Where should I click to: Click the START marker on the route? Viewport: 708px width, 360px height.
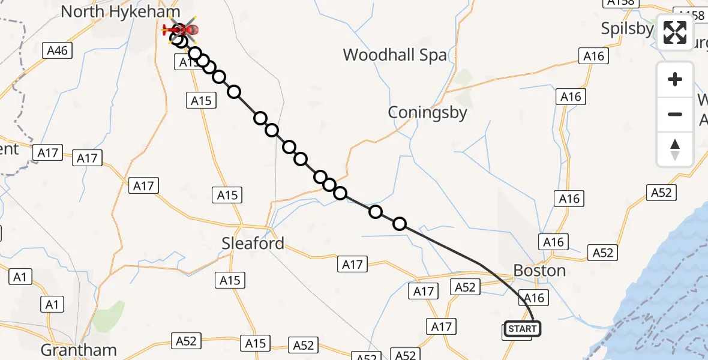tap(522, 329)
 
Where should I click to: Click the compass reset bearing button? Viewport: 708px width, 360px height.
tap(675, 149)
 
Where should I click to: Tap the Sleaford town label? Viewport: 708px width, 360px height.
tap(253, 244)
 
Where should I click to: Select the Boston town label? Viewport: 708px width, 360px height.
tap(539, 271)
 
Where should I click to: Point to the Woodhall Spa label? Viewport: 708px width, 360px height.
tap(394, 55)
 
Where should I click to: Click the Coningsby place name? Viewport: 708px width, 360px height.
tap(427, 112)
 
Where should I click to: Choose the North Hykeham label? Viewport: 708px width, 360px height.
tap(120, 11)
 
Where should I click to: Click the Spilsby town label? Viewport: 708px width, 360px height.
tap(627, 28)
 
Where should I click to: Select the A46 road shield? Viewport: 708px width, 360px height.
tap(58, 51)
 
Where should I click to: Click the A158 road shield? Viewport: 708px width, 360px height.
tap(620, 3)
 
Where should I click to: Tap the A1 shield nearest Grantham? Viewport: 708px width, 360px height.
tap(52, 305)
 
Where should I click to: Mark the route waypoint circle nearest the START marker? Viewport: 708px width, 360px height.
tap(399, 224)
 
